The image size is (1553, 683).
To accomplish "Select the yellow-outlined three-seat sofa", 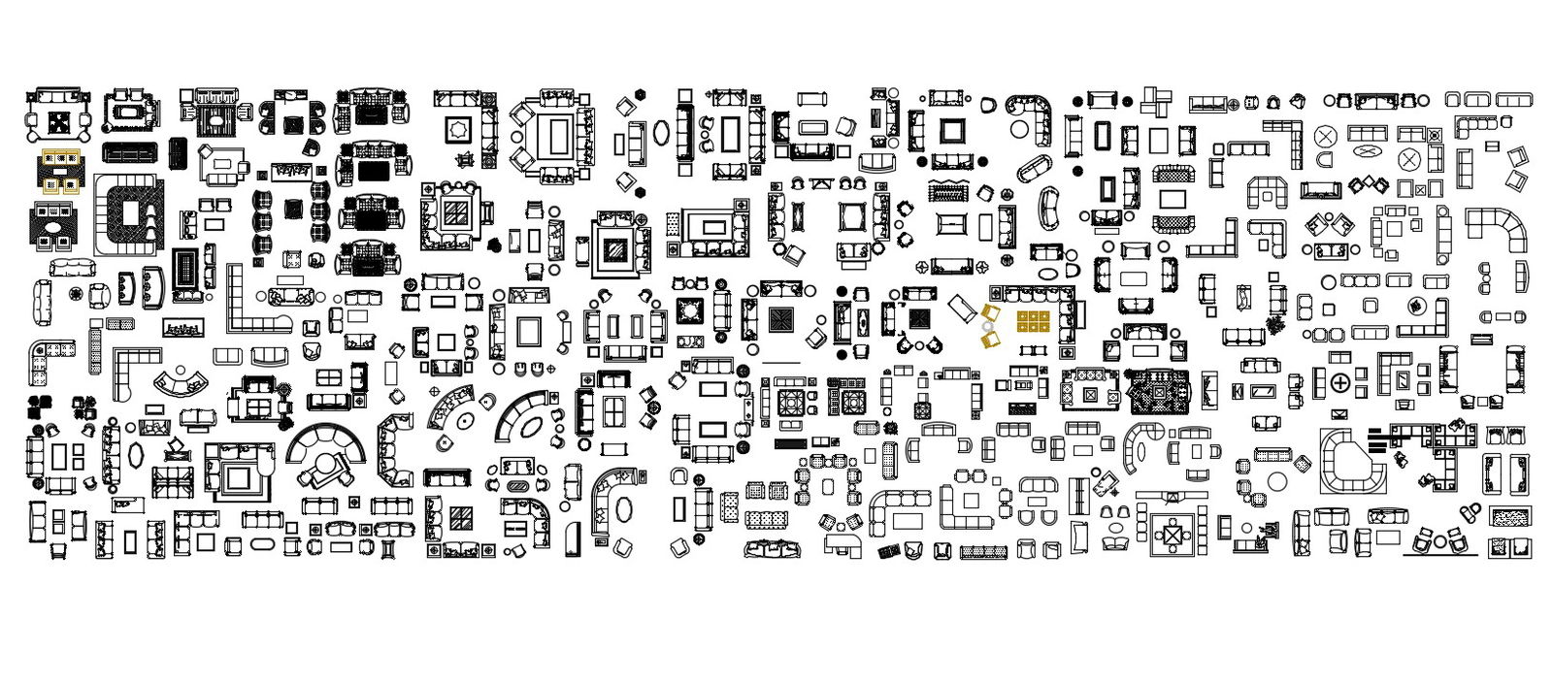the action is click(60, 156).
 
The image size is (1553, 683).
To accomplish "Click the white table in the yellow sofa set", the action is click(60, 178).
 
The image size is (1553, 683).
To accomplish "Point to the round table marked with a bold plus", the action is click(1340, 383).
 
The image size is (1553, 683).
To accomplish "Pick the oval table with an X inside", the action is click(1368, 150).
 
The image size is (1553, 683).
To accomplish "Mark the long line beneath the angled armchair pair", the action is click(1439, 556).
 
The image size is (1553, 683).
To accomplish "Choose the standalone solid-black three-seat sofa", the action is click(129, 152).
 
